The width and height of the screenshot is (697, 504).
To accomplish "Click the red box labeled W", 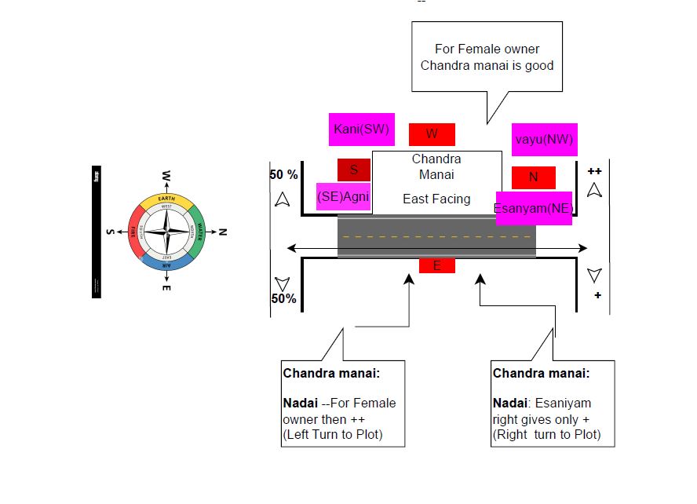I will (432, 134).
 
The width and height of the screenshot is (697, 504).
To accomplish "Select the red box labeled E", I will (437, 265).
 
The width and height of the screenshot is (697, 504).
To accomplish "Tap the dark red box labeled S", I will (354, 170).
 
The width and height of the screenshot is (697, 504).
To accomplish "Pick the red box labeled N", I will (533, 177).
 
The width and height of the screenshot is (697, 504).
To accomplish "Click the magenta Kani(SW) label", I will (361, 130).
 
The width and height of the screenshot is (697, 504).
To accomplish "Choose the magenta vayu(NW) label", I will (544, 139).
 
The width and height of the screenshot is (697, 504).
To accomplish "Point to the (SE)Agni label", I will (342, 197).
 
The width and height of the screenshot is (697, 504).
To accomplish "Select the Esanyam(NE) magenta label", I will (533, 208).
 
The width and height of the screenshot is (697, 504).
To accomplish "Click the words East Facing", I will (436, 199).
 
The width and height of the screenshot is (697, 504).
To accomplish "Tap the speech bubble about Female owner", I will (487, 57).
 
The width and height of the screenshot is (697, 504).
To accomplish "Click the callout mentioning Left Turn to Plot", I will (343, 404).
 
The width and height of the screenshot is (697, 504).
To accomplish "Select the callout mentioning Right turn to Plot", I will (553, 404).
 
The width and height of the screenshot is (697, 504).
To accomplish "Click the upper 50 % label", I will (283, 174).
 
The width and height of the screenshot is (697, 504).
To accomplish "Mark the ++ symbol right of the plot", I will (594, 170).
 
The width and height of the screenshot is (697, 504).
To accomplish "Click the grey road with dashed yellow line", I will (436, 236).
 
